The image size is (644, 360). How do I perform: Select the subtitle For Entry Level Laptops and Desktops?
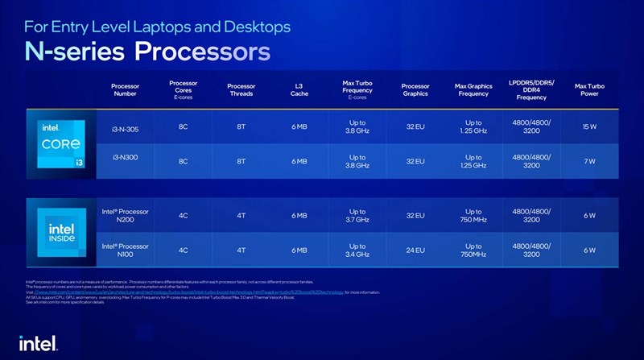click(x=157, y=26)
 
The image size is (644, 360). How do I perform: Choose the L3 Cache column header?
click(x=299, y=89)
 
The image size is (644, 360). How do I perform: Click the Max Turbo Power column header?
click(x=590, y=89)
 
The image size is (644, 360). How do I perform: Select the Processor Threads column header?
click(x=242, y=89)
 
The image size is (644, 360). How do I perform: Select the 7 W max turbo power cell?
click(x=590, y=161)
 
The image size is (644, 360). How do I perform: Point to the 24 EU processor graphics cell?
click(x=415, y=250)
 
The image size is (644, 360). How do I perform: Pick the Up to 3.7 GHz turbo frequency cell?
click(x=357, y=215)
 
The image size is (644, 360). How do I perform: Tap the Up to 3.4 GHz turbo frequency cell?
click(x=357, y=250)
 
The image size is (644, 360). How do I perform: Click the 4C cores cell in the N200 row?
click(x=183, y=215)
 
